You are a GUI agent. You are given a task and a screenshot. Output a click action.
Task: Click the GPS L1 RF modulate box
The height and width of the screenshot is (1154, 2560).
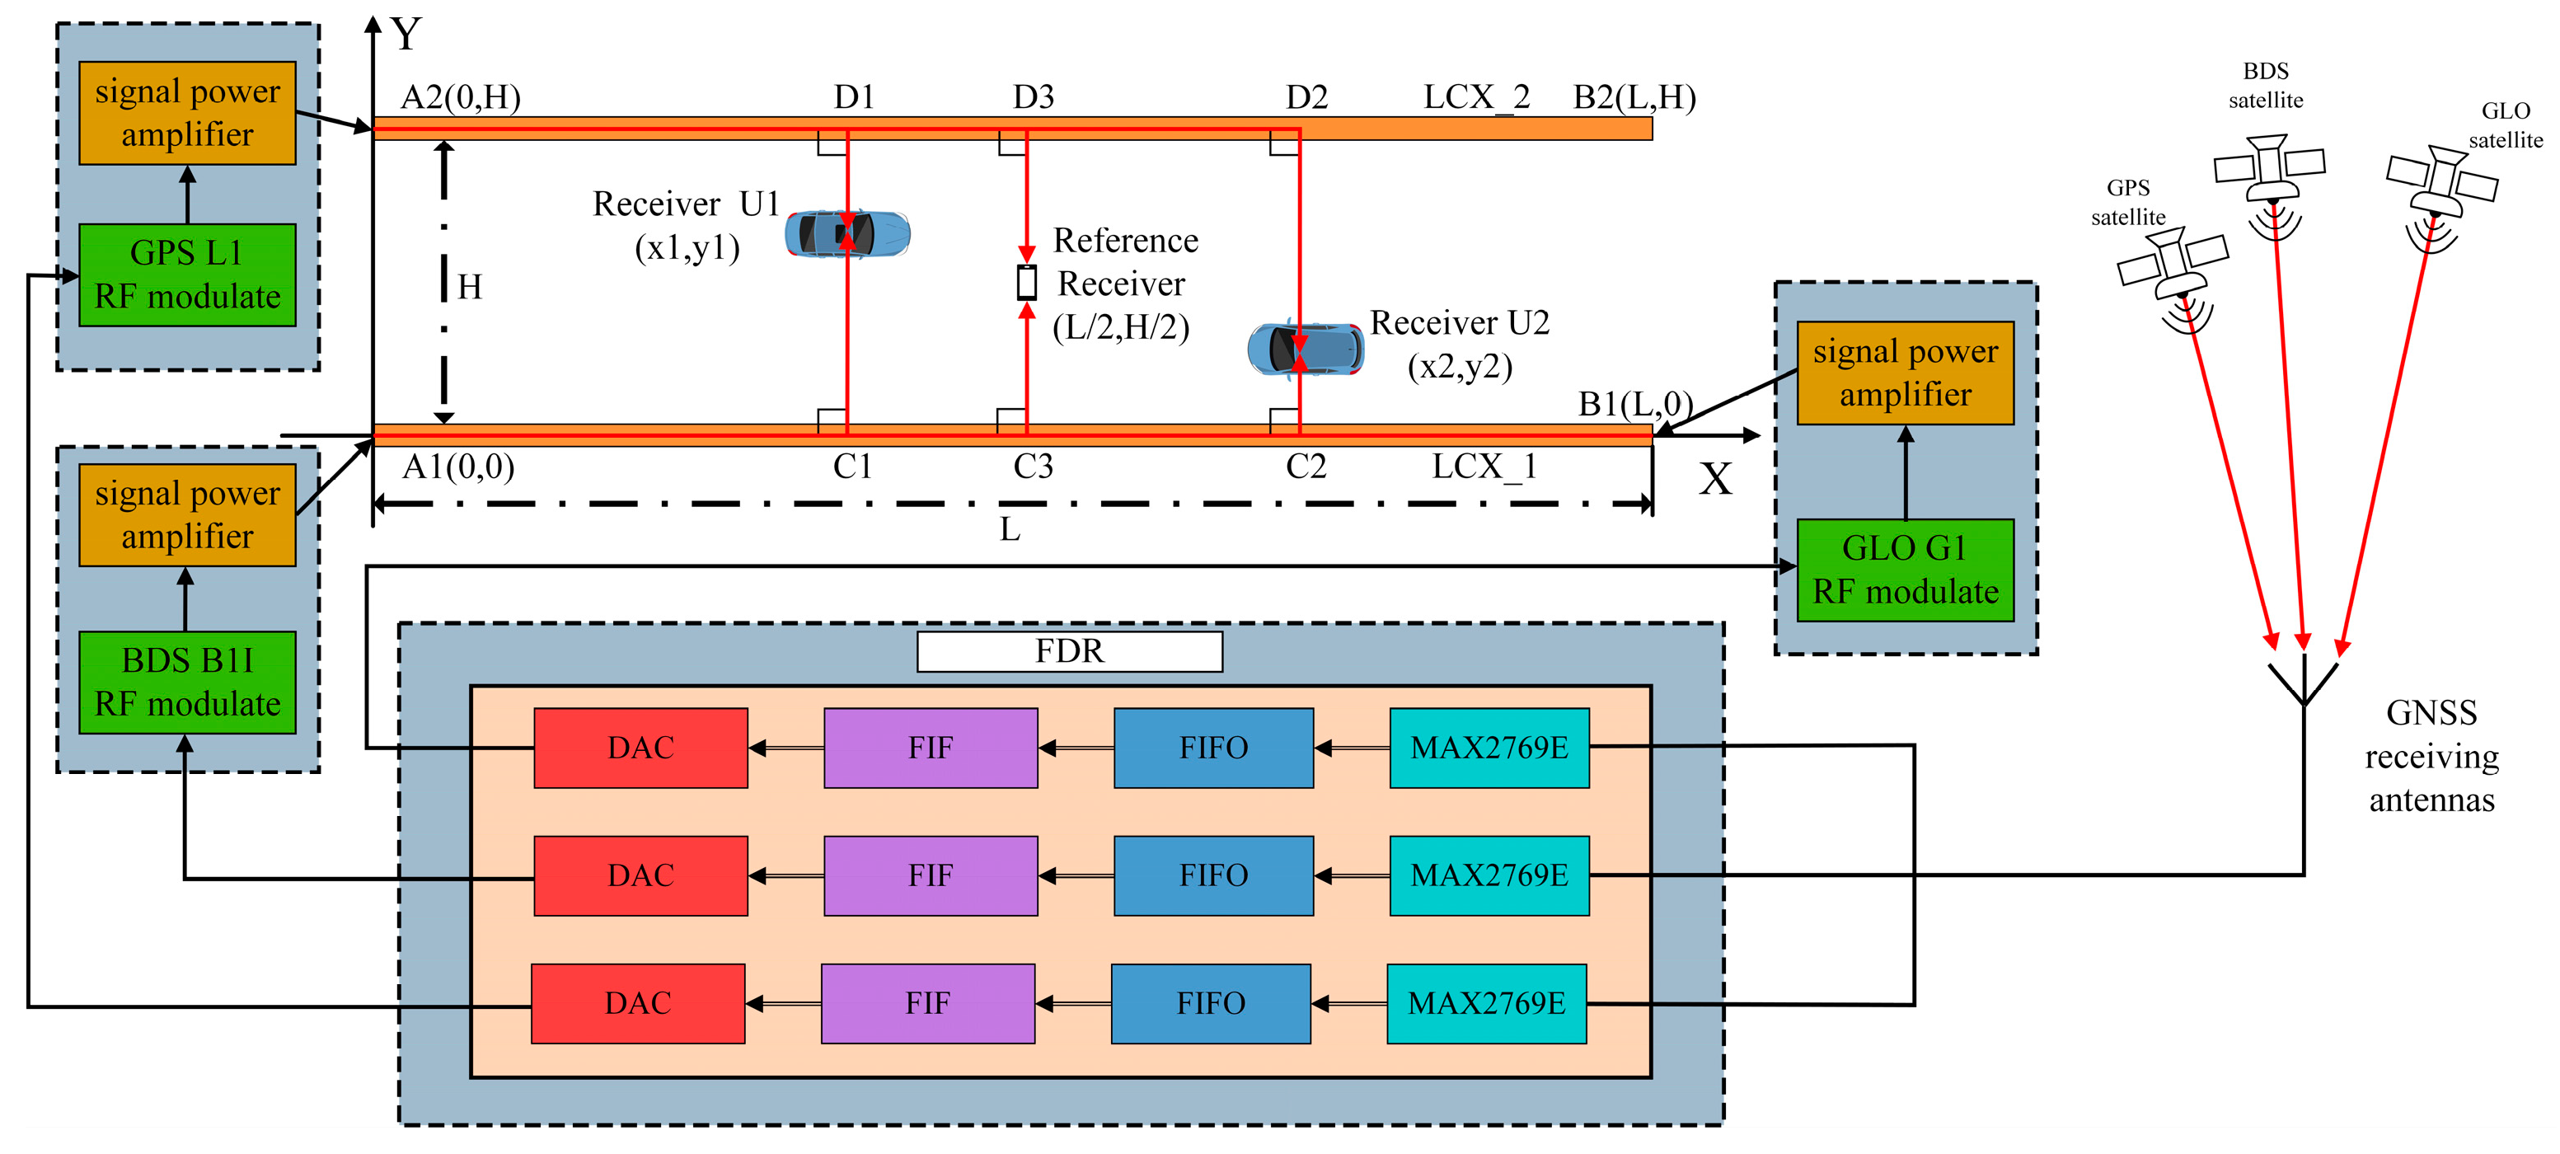click(x=187, y=275)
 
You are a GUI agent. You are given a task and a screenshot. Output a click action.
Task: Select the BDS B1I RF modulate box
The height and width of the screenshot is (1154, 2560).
click(x=187, y=683)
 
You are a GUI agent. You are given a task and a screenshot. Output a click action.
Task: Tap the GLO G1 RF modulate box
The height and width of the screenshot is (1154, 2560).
click(x=1904, y=570)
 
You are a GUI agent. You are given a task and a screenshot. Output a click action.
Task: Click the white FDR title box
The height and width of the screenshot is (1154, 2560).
click(x=1068, y=652)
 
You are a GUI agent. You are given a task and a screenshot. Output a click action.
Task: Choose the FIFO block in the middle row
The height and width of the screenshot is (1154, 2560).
click(x=1212, y=875)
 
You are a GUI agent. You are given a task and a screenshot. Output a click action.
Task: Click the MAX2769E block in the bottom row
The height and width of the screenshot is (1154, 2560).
click(x=1486, y=1003)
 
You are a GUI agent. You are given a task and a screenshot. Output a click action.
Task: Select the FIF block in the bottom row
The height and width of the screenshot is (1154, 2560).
click(x=927, y=1003)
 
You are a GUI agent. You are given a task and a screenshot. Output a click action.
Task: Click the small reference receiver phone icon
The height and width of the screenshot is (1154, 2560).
click(x=1027, y=282)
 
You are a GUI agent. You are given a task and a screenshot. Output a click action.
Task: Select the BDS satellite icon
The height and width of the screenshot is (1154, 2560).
click(x=2269, y=169)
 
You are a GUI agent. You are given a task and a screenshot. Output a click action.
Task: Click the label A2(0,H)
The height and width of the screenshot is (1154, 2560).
click(x=460, y=97)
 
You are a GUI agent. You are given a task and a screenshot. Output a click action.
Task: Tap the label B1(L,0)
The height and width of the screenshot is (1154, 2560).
click(x=1634, y=405)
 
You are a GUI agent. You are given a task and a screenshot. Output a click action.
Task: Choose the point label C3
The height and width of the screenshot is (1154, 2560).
click(x=1033, y=467)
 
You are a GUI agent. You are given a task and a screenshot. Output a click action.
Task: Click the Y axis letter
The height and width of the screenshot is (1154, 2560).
click(x=406, y=35)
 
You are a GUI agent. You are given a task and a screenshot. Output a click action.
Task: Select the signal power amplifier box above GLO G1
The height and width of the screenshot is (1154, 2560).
click(x=1904, y=373)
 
